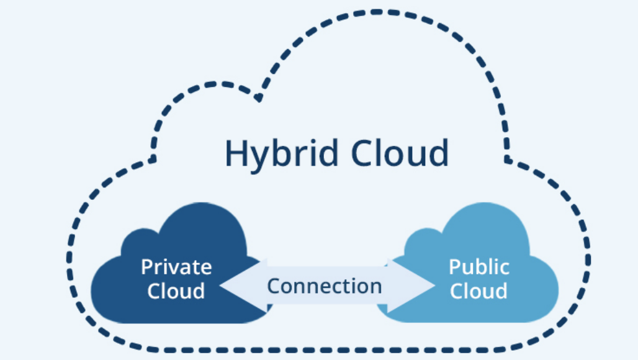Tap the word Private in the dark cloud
coord(176,268)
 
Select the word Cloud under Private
coord(176,290)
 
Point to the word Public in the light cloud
coord(478,268)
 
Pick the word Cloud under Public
coord(478,290)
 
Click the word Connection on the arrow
coord(324,286)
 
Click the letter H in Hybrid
coord(236,153)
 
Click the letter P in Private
coord(146,268)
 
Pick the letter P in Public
coord(454,268)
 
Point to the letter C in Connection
coord(274,286)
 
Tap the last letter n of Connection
coord(375,287)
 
